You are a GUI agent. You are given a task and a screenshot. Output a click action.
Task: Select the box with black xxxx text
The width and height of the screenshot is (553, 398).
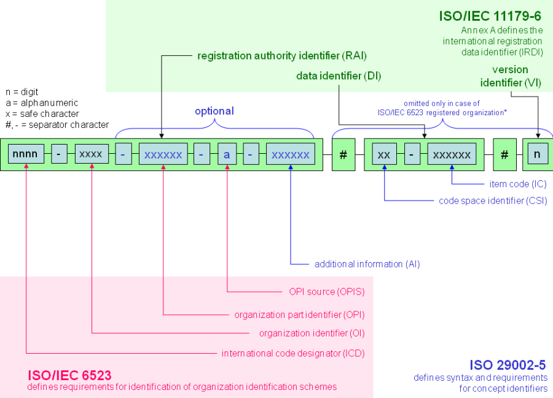[92, 154]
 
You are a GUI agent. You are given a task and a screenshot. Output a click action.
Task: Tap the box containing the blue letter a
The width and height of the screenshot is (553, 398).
[226, 154]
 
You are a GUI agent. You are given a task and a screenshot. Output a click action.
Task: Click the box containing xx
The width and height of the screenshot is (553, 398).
[384, 154]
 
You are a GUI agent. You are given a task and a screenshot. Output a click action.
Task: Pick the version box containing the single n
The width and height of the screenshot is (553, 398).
[536, 154]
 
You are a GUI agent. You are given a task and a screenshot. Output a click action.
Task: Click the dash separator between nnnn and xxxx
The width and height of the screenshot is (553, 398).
[59, 154]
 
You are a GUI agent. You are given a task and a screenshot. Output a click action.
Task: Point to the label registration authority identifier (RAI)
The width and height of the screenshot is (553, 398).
[281, 56]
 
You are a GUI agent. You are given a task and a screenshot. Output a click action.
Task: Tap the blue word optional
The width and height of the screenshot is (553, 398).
[214, 111]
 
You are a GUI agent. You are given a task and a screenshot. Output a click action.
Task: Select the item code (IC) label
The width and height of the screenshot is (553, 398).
[518, 184]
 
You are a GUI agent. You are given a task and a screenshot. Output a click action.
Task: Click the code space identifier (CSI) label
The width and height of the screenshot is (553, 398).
[492, 201]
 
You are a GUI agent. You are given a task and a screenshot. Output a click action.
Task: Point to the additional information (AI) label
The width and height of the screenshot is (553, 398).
[367, 264]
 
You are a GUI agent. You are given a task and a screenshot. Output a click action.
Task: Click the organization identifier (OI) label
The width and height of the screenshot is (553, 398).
[312, 333]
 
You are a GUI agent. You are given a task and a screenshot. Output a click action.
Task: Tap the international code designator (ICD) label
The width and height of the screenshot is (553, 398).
[293, 353]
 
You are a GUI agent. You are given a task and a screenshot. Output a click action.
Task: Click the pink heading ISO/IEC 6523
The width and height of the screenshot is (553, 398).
[69, 375]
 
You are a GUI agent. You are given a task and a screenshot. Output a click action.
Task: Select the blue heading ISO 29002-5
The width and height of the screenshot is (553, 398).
[508, 365]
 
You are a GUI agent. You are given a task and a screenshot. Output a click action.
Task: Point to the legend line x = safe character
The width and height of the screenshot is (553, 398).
[42, 114]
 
